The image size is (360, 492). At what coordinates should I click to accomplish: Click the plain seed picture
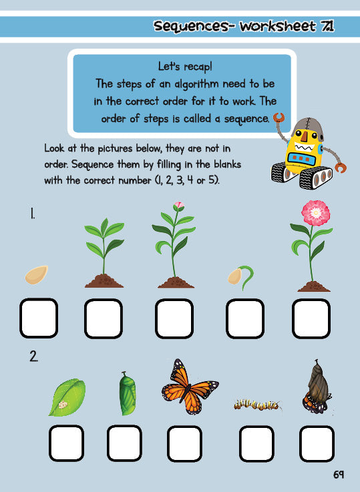pyautogui.click(x=37, y=274)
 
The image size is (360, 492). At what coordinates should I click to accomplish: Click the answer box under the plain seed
pyautogui.click(x=38, y=318)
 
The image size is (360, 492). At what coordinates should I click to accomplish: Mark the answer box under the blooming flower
pyautogui.click(x=311, y=318)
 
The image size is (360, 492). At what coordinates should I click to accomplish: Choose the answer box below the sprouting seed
pyautogui.click(x=245, y=318)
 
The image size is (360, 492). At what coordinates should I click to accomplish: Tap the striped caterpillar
pyautogui.click(x=258, y=403)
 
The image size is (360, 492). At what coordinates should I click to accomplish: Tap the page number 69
pyautogui.click(x=338, y=475)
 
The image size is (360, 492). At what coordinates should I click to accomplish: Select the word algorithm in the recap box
pyautogui.click(x=196, y=84)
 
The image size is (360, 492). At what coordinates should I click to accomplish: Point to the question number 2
pyautogui.click(x=33, y=356)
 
